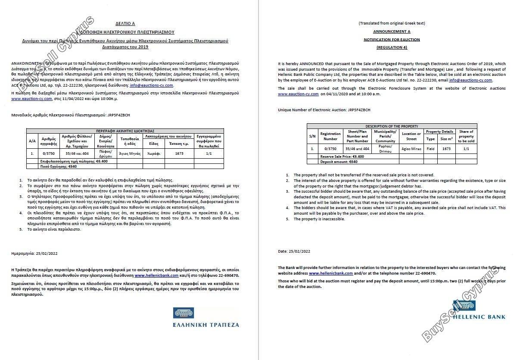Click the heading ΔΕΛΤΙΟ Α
(x=125, y=24)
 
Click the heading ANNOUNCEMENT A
(x=392, y=31)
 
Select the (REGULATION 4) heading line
(x=392, y=47)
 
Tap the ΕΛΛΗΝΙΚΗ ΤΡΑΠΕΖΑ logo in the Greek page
(x=206, y=318)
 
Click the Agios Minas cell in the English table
(x=411, y=149)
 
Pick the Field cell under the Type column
(x=430, y=149)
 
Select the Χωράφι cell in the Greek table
(x=154, y=153)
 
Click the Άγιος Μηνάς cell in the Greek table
(x=130, y=153)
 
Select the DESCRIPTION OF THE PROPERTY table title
(x=392, y=126)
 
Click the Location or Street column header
(x=411, y=136)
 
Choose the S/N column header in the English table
(x=312, y=136)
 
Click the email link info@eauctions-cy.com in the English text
(x=470, y=80)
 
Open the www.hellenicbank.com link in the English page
(x=331, y=273)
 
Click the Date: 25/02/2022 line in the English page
(x=294, y=251)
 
